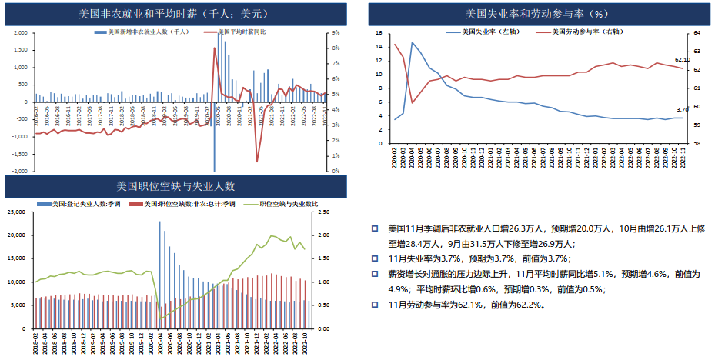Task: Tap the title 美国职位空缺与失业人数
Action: pyautogui.click(x=175, y=186)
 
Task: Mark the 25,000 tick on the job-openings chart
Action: pyautogui.click(x=21, y=212)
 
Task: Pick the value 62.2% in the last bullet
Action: pyautogui.click(x=529, y=305)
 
